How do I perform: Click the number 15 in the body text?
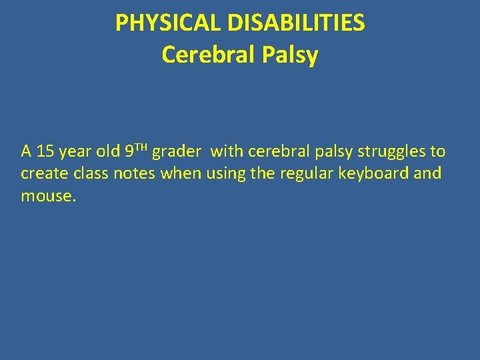click(x=45, y=152)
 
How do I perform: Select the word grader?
click(x=176, y=152)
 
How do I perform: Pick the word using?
click(x=227, y=174)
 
